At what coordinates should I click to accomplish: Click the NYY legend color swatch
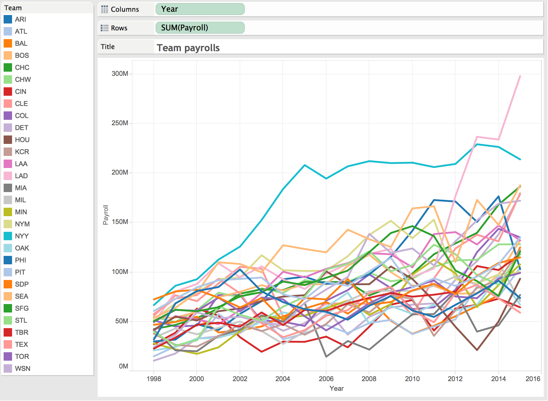click(8, 236)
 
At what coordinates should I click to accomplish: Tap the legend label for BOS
click(22, 55)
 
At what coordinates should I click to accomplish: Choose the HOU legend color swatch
click(8, 140)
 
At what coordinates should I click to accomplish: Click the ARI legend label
click(20, 19)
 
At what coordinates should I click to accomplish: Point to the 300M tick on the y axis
click(120, 73)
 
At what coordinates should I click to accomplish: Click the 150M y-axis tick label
click(120, 222)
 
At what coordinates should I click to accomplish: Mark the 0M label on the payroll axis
click(124, 366)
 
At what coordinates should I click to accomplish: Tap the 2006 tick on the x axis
click(326, 379)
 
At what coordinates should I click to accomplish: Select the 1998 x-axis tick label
click(154, 379)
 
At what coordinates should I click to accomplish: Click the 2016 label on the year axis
click(533, 379)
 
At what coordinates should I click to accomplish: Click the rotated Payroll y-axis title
click(106, 215)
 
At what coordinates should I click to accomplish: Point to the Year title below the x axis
click(337, 388)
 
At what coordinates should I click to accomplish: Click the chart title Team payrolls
click(188, 48)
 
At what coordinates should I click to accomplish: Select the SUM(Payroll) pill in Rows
click(200, 28)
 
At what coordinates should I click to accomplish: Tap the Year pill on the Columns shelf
click(200, 9)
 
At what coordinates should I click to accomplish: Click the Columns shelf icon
click(105, 9)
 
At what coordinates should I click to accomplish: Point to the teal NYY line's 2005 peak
click(305, 165)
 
